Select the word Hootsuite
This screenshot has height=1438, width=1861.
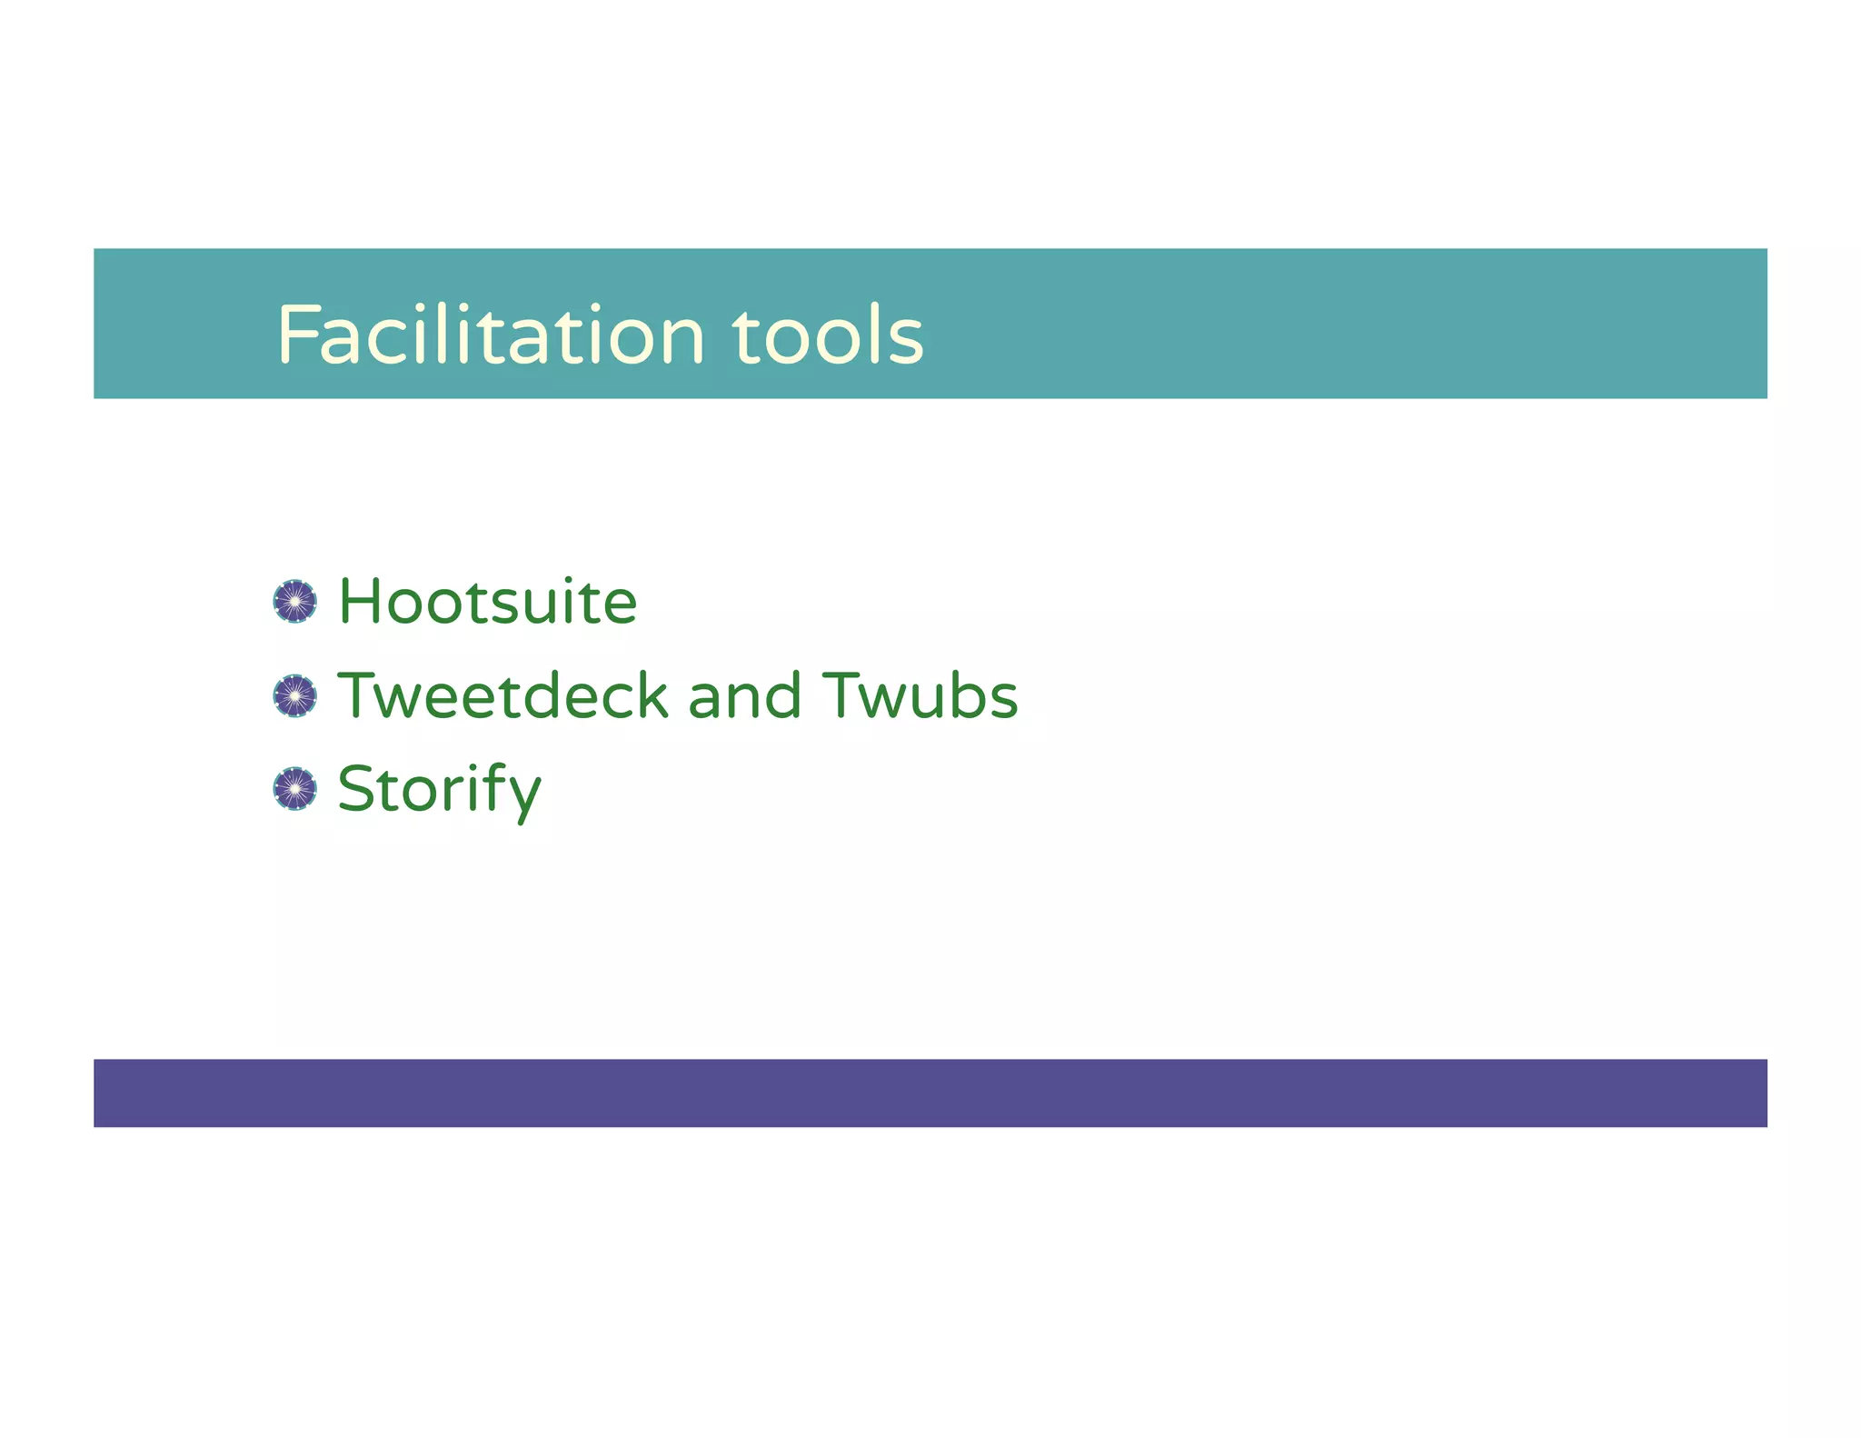pyautogui.click(x=488, y=602)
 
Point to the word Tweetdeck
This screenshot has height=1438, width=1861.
pyautogui.click(x=503, y=696)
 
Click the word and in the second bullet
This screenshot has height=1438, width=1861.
pyautogui.click(x=744, y=696)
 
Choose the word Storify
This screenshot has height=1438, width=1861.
pyautogui.click(x=439, y=789)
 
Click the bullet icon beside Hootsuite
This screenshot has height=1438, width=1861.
pyautogui.click(x=295, y=602)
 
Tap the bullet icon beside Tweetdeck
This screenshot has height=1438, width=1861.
pyautogui.click(x=295, y=696)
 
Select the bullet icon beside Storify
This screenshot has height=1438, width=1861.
pyautogui.click(x=295, y=789)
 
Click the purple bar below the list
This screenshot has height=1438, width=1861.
pyautogui.click(x=930, y=1093)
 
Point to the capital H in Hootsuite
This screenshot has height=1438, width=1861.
pyautogui.click(x=360, y=602)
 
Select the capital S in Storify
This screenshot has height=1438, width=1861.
pyautogui.click(x=356, y=789)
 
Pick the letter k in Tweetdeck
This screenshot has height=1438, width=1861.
pyautogui.click(x=651, y=696)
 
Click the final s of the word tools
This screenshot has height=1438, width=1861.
pyautogui.click(x=906, y=339)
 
